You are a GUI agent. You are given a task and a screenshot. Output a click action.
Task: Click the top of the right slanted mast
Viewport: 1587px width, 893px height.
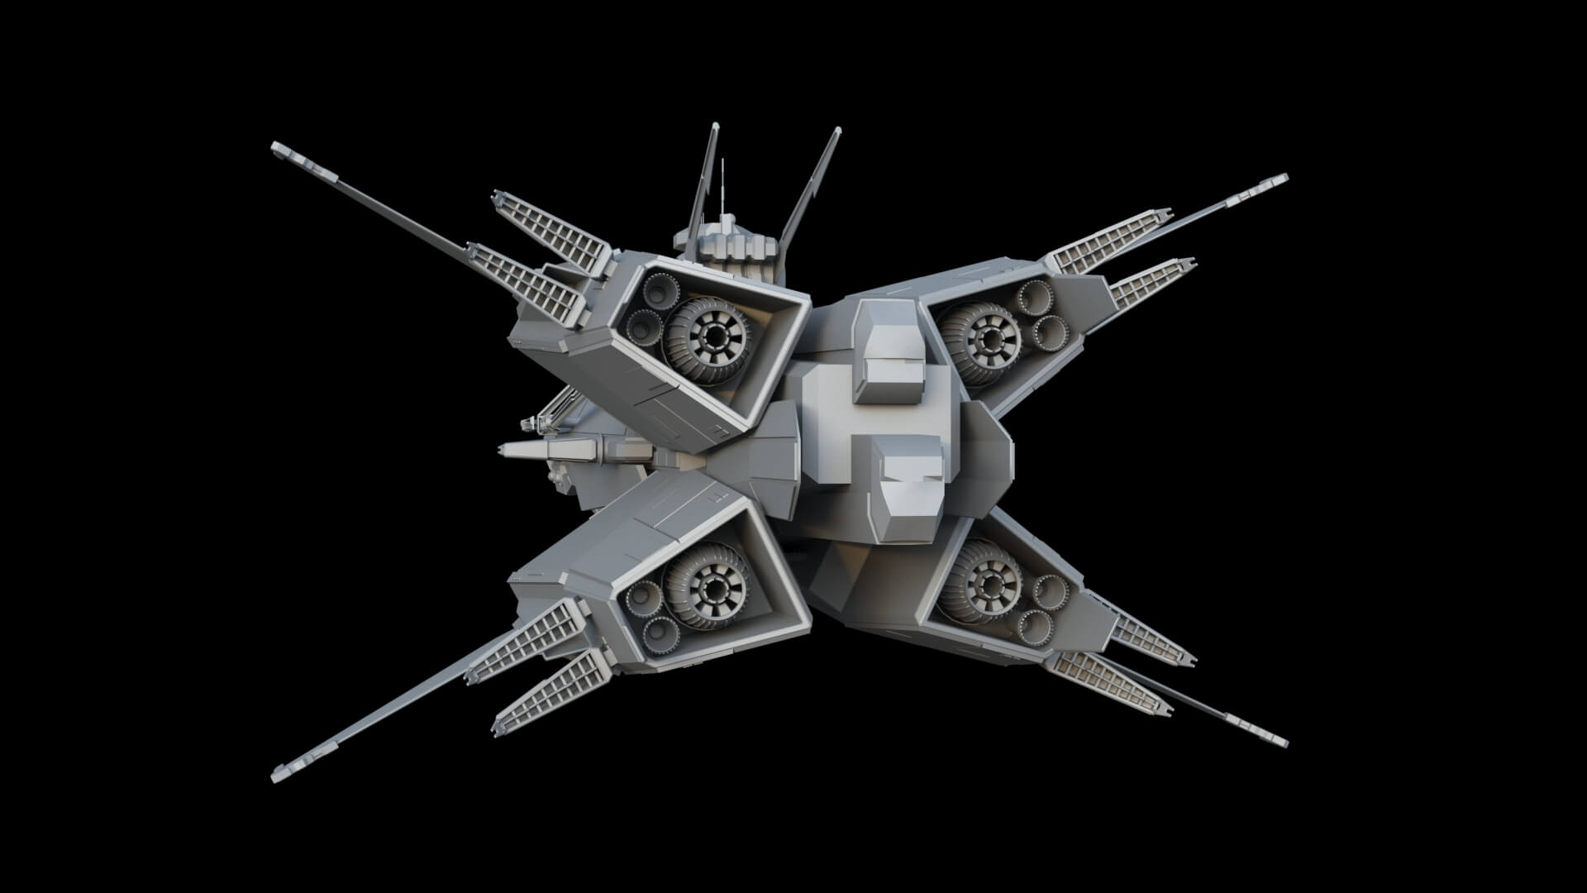[837, 130]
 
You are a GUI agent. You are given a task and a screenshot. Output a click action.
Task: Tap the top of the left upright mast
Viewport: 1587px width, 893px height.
[716, 126]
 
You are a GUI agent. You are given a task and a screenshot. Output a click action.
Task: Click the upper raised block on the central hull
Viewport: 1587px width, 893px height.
[889, 351]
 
